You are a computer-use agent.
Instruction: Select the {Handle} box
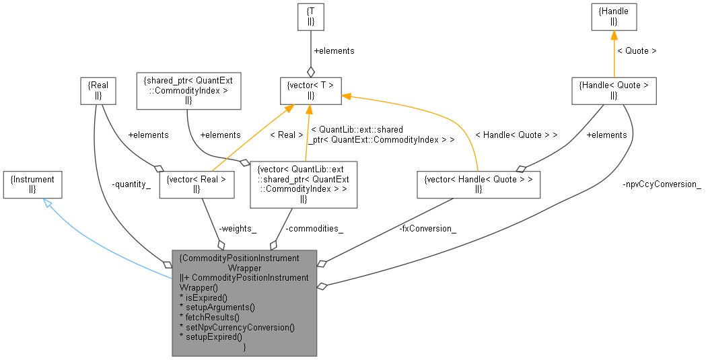614,15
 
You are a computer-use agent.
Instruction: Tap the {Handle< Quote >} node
614,90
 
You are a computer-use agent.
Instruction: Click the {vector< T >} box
310,90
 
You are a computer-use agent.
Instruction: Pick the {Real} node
98,90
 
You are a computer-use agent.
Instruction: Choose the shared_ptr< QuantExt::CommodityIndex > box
188,90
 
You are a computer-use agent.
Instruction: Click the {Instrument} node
33,184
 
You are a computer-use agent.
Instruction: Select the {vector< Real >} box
196,184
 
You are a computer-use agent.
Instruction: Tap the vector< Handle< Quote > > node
479,184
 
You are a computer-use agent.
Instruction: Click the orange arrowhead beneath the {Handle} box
614,36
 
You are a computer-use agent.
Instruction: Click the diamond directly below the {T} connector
310,71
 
